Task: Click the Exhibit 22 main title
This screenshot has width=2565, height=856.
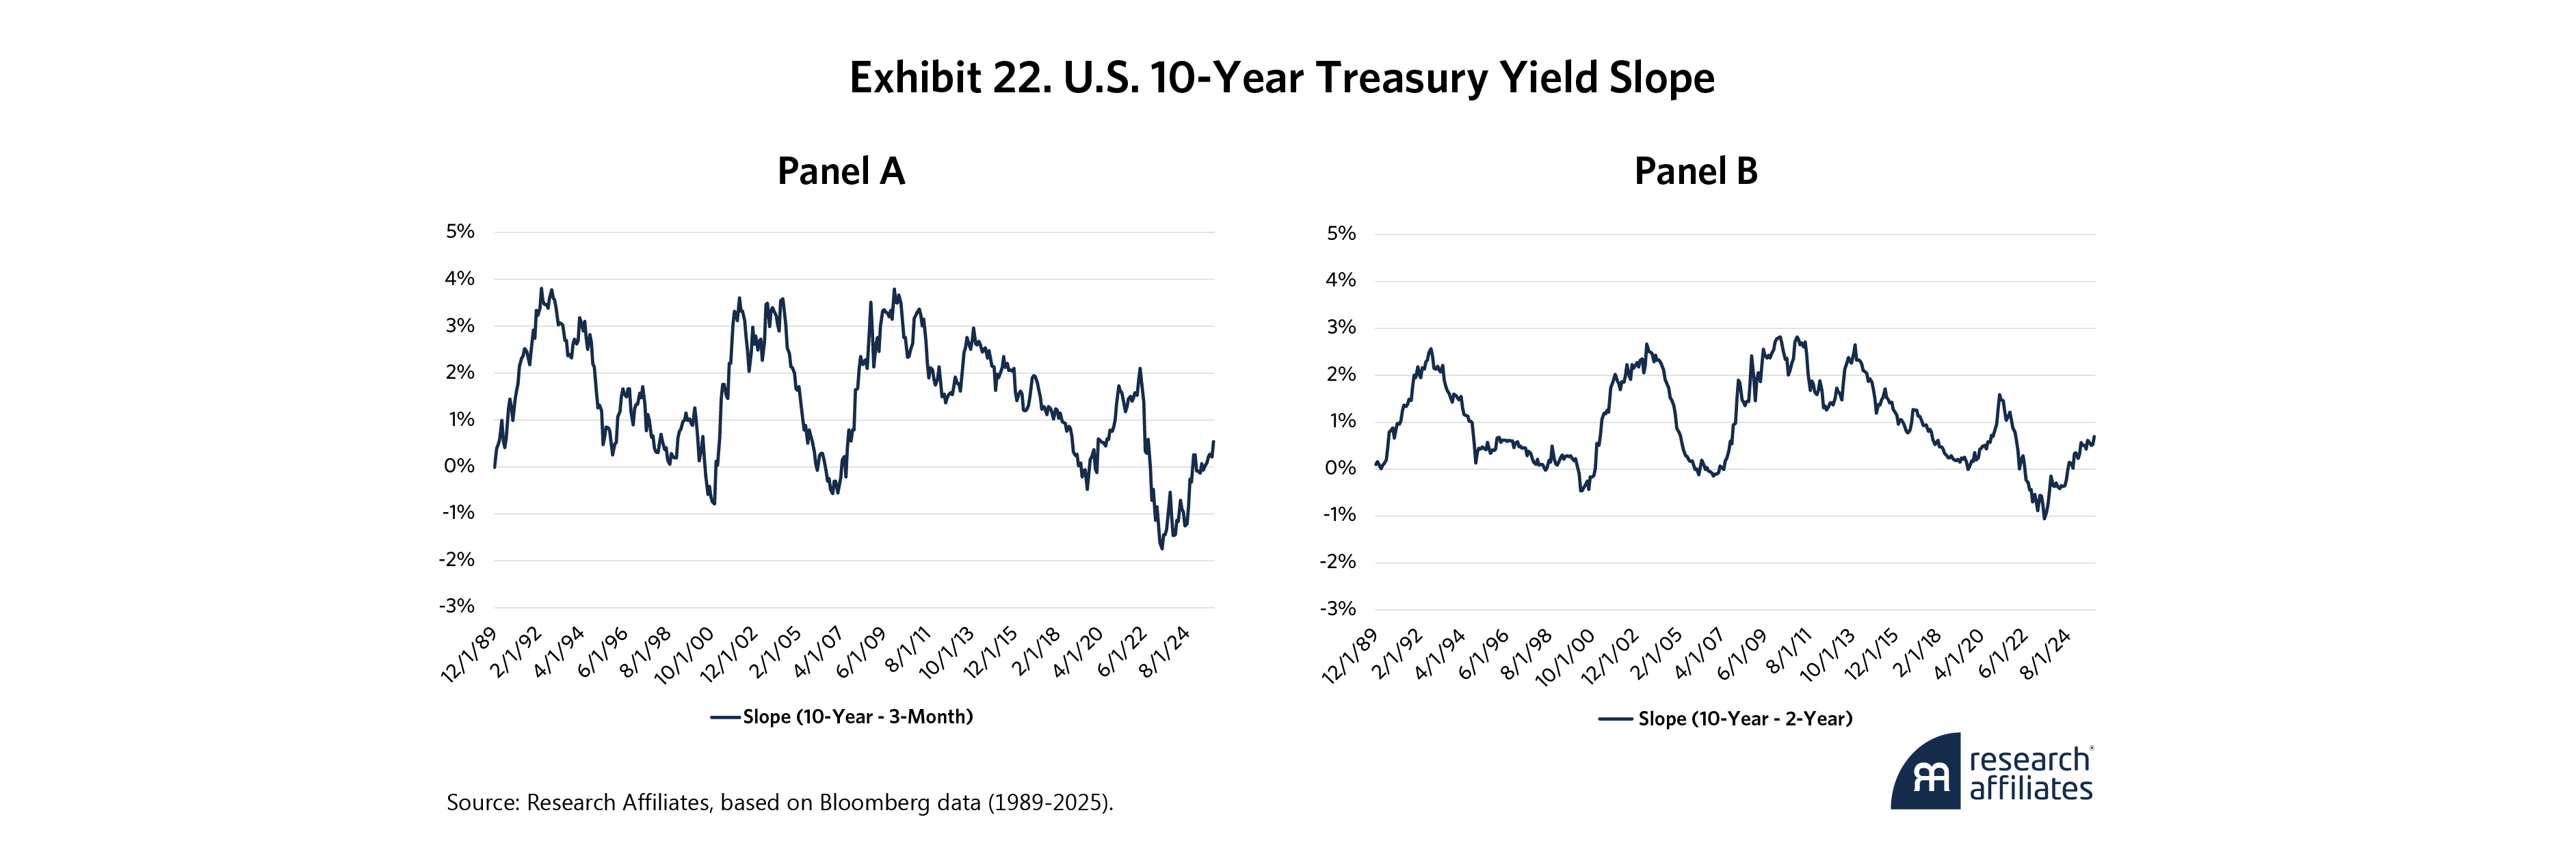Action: click(x=1282, y=78)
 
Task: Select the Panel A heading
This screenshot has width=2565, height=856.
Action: click(x=841, y=171)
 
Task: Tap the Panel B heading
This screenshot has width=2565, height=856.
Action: click(x=1696, y=171)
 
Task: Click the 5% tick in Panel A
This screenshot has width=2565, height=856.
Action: click(x=460, y=232)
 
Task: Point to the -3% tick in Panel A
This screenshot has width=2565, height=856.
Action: click(x=457, y=606)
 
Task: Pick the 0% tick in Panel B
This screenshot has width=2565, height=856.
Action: click(x=1340, y=468)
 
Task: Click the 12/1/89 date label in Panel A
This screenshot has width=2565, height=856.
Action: click(x=469, y=655)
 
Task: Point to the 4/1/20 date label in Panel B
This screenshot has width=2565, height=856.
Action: click(x=1958, y=655)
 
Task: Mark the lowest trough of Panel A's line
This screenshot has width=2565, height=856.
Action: click(x=1161, y=548)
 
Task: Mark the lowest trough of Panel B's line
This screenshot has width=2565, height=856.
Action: click(x=2044, y=518)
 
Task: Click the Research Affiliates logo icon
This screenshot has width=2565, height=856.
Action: click(x=1925, y=773)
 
